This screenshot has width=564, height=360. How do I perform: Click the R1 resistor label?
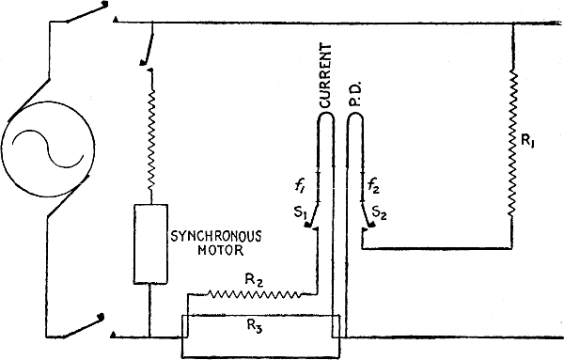tap(527, 141)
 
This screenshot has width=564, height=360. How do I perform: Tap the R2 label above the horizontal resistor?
tap(254, 280)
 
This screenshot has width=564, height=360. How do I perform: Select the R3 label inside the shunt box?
tap(255, 325)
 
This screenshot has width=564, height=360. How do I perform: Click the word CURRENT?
tap(325, 75)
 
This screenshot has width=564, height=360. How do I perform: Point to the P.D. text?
tap(355, 95)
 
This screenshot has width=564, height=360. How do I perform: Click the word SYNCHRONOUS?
tap(216, 236)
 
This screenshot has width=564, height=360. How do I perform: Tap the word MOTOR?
tap(221, 250)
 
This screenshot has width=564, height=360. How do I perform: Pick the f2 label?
tap(373, 187)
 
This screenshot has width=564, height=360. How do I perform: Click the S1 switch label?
tap(300, 212)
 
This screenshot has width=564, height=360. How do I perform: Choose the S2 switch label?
tap(380, 213)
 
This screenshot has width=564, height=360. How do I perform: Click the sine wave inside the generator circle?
tap(48, 149)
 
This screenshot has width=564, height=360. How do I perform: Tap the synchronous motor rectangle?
tap(150, 244)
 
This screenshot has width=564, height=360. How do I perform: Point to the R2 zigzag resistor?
tap(254, 294)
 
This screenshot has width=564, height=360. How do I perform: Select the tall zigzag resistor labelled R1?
tap(513, 144)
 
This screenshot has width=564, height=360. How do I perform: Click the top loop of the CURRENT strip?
tap(326, 116)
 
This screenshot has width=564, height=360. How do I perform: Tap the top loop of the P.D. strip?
tap(355, 116)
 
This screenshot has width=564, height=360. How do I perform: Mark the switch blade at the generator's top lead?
tap(86, 12)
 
